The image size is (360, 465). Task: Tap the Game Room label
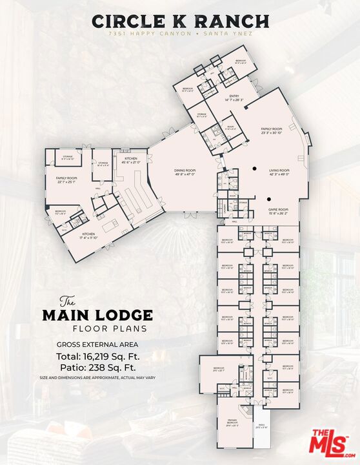point(278,210)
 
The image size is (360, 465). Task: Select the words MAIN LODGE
point(97,316)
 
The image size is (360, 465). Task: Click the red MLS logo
point(328,442)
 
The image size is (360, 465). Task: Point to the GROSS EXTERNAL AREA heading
point(97,344)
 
